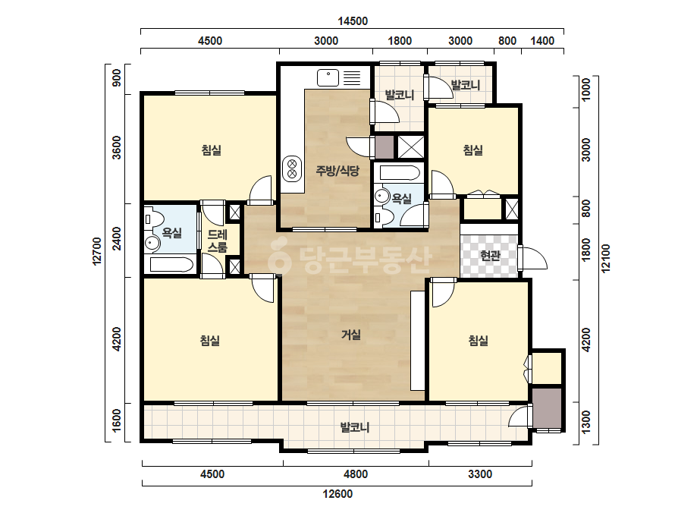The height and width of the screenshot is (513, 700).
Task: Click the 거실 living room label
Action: [x=351, y=334]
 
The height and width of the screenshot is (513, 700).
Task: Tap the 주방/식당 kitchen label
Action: [x=337, y=170]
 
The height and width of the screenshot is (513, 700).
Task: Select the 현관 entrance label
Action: [x=490, y=256]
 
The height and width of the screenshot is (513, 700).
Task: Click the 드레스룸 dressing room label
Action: [x=218, y=241]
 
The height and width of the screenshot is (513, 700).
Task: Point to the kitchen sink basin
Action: [x=328, y=77]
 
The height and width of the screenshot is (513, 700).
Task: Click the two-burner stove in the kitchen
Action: [x=292, y=168]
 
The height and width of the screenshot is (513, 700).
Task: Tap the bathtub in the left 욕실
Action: [x=171, y=265]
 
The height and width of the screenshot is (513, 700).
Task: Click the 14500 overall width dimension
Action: [x=352, y=21]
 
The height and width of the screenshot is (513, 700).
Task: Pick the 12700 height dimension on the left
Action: [x=97, y=251]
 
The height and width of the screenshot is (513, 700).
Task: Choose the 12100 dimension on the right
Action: [x=605, y=258]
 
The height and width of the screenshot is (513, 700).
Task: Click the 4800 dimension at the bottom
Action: [x=356, y=474]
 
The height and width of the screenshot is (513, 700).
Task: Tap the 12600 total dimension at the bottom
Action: [x=337, y=494]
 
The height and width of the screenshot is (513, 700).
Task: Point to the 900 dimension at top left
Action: [x=116, y=78]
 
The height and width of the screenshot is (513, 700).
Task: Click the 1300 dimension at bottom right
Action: [x=586, y=421]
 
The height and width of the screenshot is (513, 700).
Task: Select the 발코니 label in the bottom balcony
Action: [x=355, y=428]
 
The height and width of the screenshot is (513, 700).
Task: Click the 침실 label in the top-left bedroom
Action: [x=212, y=149]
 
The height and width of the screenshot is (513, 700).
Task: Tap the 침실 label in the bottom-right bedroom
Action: [x=478, y=341]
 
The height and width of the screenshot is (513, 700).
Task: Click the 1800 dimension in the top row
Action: [x=400, y=41]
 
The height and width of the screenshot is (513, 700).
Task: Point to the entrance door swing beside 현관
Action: [x=534, y=258]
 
